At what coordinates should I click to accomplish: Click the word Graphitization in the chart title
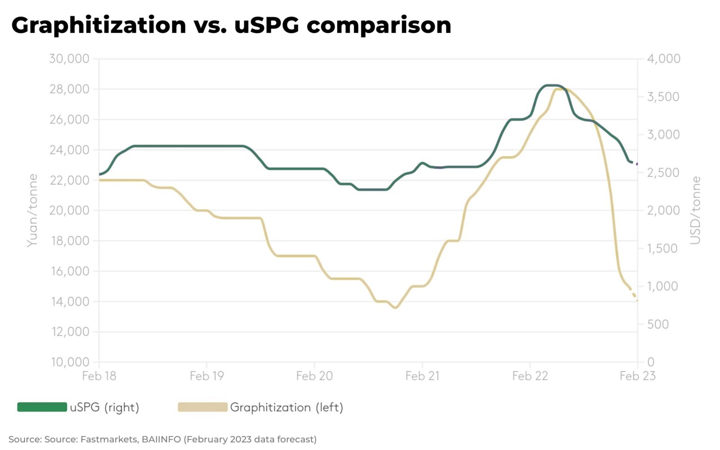tap(99, 25)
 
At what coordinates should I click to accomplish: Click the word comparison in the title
tap(378, 25)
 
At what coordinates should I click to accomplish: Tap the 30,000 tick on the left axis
tap(69, 58)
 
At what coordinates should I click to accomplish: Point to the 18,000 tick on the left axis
tap(69, 241)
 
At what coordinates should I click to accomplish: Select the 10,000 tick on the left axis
tap(69, 362)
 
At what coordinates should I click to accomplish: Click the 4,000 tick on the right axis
tap(663, 58)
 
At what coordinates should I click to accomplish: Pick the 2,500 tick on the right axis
tap(663, 172)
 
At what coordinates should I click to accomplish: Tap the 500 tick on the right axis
tap(658, 324)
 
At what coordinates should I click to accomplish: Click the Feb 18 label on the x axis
tap(99, 376)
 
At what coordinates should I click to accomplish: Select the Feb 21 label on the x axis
tap(422, 376)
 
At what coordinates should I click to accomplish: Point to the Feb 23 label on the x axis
tap(637, 376)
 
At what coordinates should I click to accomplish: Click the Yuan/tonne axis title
tap(32, 210)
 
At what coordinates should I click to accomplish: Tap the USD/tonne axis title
tap(696, 210)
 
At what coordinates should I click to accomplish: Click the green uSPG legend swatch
tap(42, 407)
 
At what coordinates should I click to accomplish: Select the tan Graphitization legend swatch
tap(202, 407)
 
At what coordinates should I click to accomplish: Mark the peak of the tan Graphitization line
tap(560, 89)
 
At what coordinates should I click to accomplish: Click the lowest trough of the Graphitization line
tap(396, 308)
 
